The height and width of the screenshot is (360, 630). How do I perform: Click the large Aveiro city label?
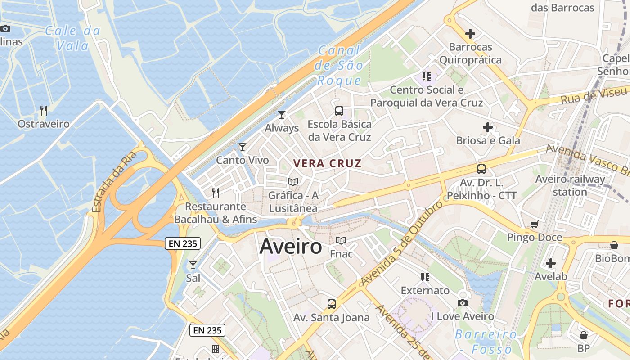click(x=291, y=246)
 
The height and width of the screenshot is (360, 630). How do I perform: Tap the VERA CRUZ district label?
click(x=327, y=163)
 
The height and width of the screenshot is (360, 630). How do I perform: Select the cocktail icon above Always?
click(x=282, y=115)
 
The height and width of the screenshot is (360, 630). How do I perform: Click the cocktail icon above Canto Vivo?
click(x=243, y=147)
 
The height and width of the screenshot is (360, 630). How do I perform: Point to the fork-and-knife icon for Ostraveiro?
click(x=44, y=110)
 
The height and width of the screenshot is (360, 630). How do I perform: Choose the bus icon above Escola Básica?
click(x=339, y=111)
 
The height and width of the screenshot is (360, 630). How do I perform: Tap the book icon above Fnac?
click(x=341, y=241)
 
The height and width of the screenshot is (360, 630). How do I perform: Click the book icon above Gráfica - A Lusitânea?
click(x=293, y=182)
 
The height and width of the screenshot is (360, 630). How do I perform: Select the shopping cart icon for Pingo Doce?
click(x=535, y=224)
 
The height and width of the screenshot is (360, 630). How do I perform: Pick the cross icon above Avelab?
click(x=551, y=263)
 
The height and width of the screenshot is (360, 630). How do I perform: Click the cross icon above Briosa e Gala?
click(x=488, y=127)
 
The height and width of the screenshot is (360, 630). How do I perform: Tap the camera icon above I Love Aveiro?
click(x=463, y=303)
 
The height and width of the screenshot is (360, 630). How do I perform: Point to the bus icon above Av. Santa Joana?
click(x=332, y=304)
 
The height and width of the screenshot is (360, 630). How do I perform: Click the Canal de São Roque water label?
click(x=339, y=65)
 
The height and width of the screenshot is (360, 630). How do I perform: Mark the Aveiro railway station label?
click(x=570, y=185)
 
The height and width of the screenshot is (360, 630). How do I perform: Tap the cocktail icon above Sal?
click(x=193, y=265)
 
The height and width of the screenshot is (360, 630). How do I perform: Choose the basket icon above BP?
click(x=584, y=335)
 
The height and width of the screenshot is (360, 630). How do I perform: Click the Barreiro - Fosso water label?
click(x=486, y=342)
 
